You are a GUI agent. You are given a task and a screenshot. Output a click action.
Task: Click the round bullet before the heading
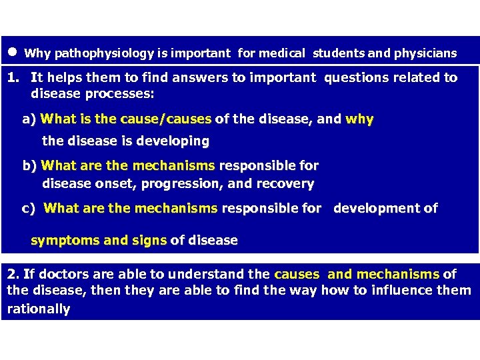(13, 51)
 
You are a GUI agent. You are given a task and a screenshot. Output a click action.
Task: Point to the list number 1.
(13, 78)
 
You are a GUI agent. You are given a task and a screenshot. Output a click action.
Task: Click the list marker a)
(29, 120)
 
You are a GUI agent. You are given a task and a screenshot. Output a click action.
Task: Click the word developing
(178, 141)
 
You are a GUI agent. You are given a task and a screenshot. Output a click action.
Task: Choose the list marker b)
(30, 165)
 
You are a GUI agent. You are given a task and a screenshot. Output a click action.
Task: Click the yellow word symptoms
(62, 240)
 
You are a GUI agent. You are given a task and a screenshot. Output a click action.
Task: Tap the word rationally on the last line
(38, 309)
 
